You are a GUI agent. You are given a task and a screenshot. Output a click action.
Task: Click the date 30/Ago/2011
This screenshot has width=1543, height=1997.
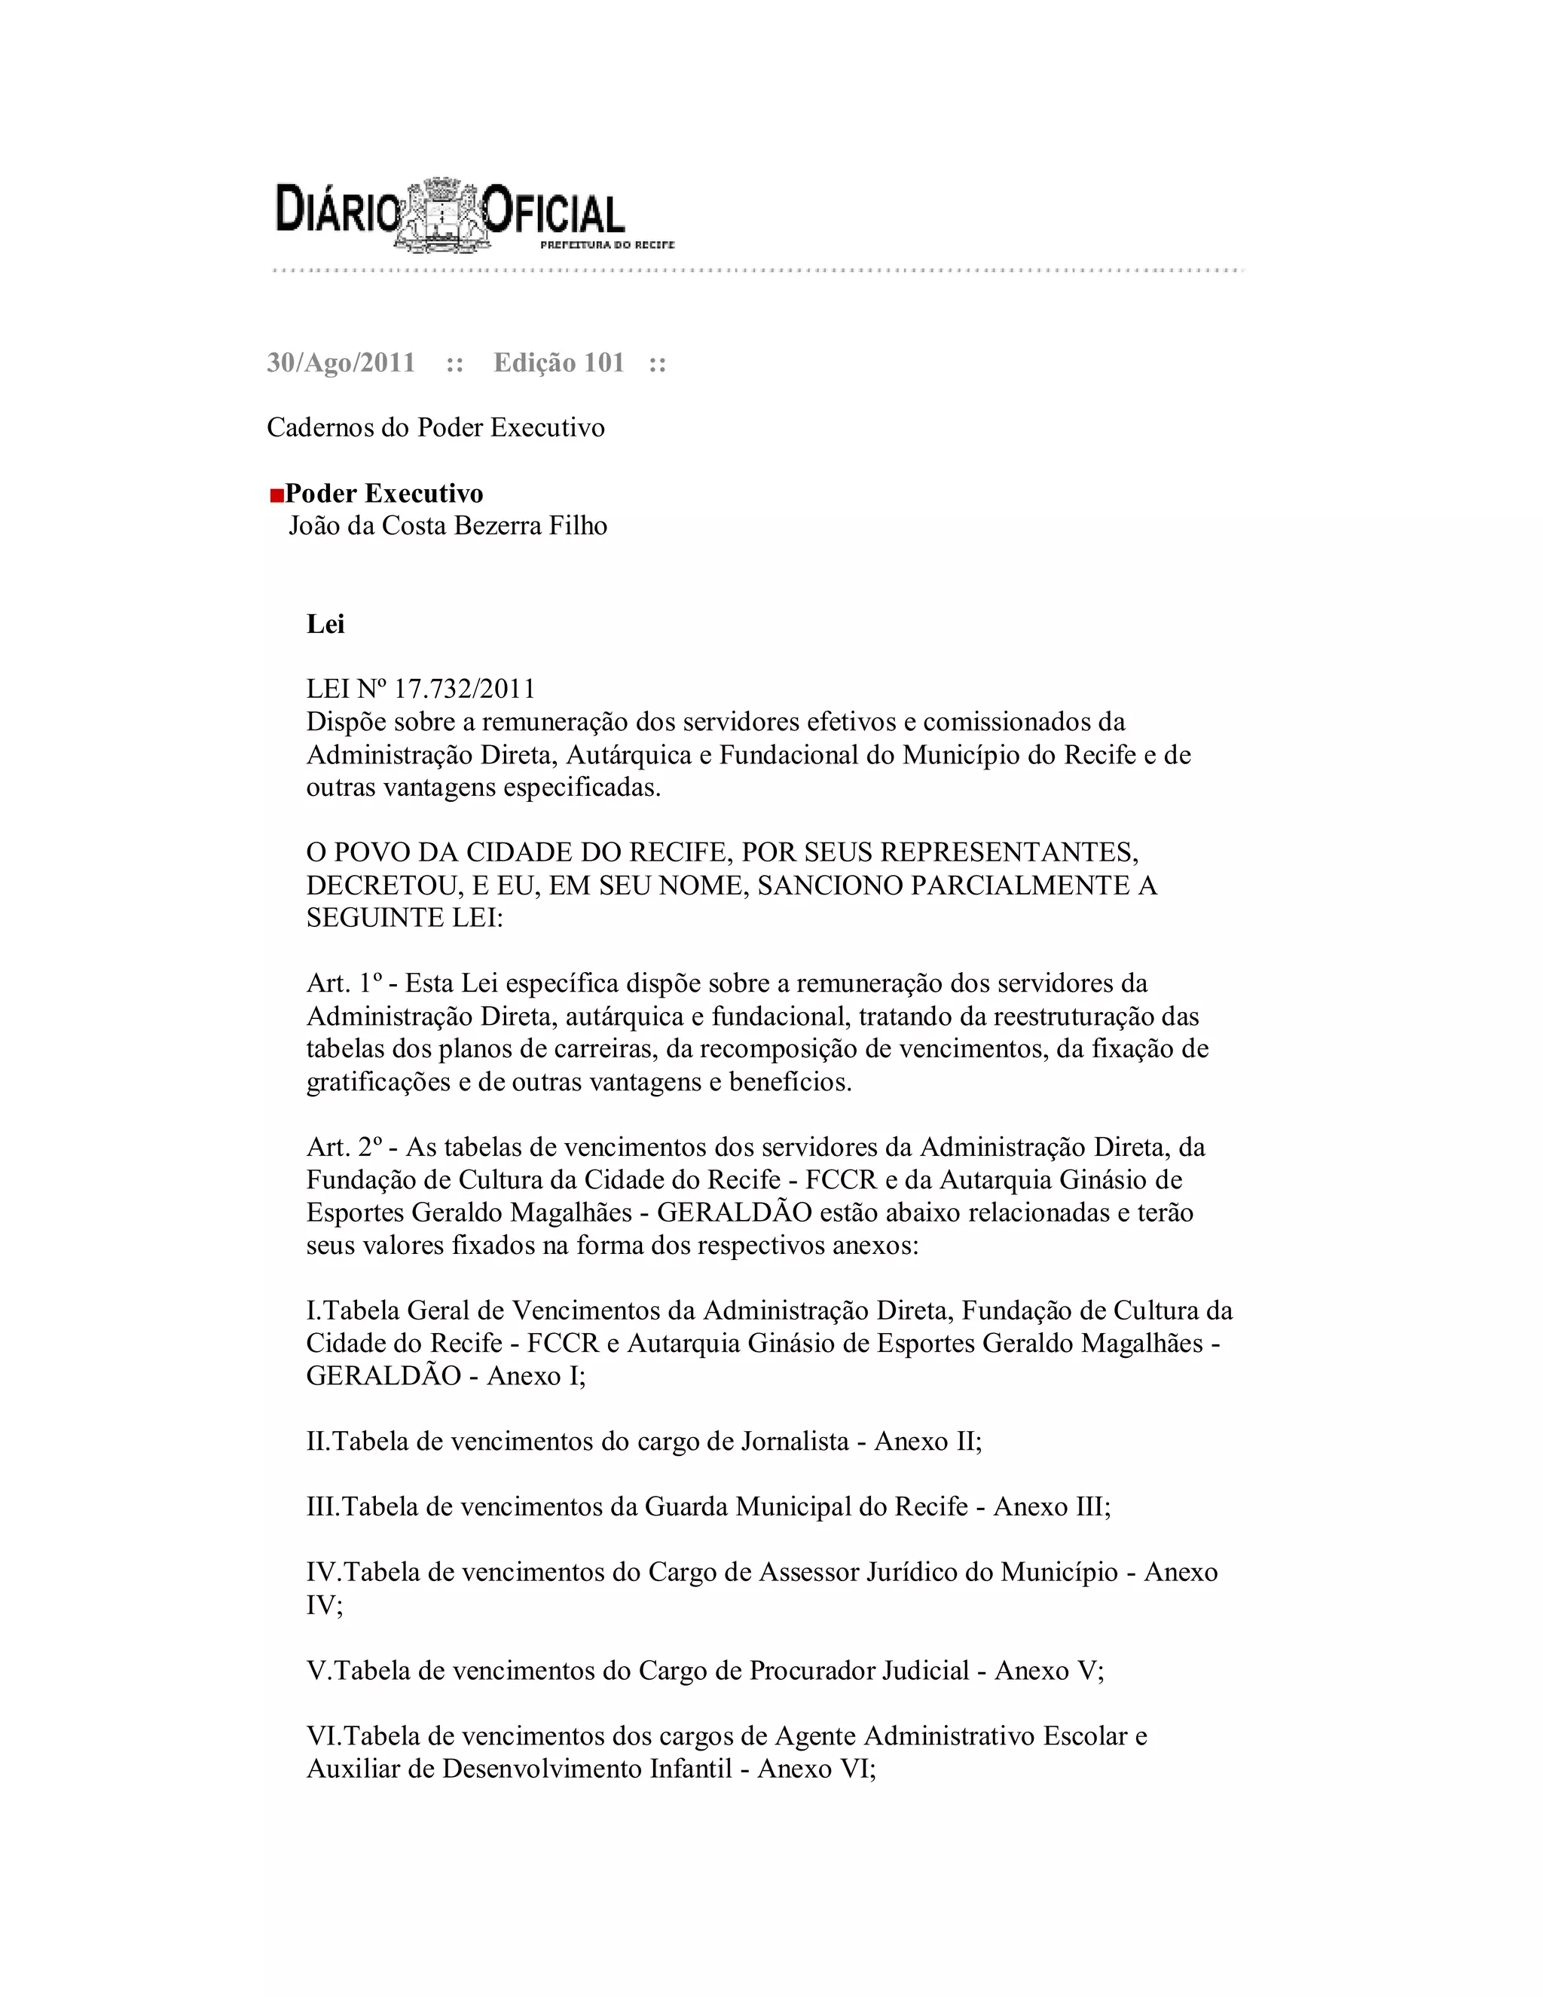pos(341,363)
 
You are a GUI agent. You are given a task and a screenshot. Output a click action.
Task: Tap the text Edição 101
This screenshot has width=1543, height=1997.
pos(558,363)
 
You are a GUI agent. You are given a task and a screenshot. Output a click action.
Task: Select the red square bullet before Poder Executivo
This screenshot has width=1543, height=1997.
pos(276,496)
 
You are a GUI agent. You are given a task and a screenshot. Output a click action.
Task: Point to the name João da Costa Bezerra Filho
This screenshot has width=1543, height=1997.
pos(448,526)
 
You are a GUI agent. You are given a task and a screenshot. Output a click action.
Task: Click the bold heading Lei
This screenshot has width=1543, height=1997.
pos(325,625)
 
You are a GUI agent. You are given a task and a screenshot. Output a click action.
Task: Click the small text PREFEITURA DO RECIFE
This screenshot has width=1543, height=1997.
pos(607,245)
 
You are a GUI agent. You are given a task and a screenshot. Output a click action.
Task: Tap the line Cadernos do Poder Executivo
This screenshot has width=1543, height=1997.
pos(435,428)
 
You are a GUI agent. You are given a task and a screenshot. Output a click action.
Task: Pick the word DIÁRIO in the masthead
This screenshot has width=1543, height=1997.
pos(338,209)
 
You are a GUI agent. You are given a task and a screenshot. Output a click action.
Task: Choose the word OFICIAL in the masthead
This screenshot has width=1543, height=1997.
pos(553,213)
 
